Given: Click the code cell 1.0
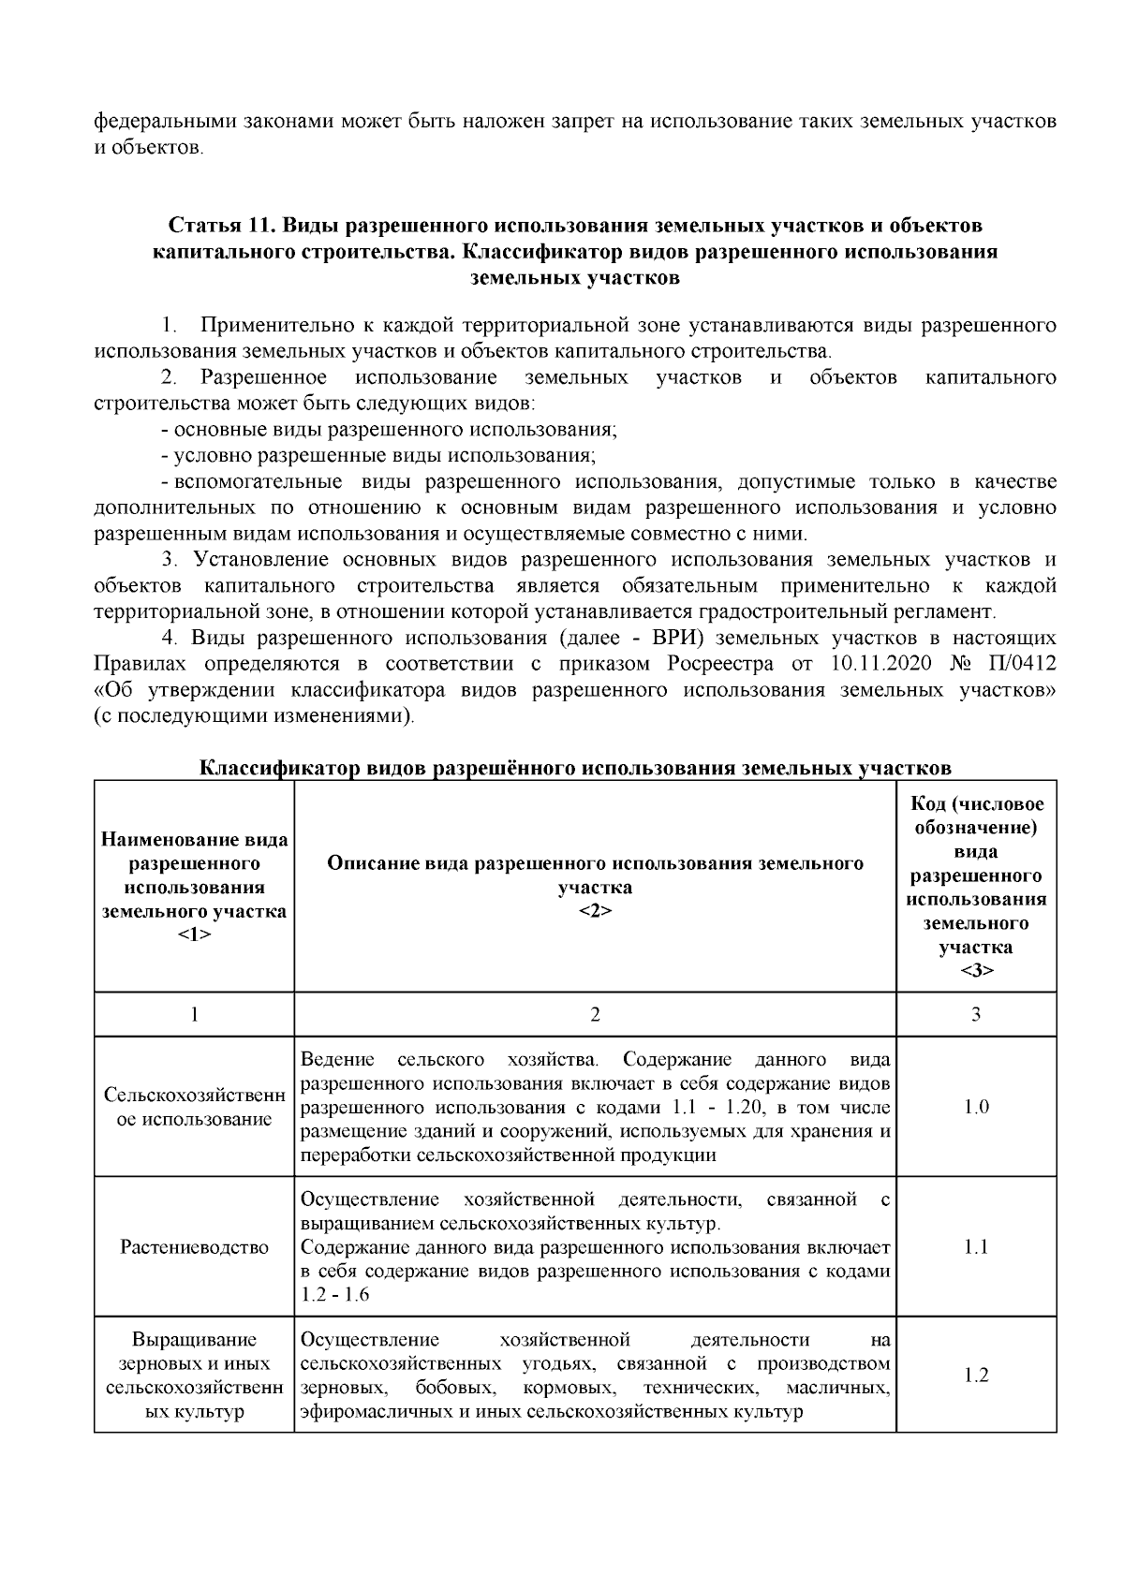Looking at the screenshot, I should (x=976, y=1107).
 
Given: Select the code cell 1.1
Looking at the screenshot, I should (x=976, y=1247).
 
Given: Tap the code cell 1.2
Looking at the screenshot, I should (x=976, y=1376).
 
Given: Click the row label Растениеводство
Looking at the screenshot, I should (x=194, y=1247).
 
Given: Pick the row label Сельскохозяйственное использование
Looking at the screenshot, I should (x=194, y=1107).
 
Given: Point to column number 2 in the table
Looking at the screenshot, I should (x=595, y=1014).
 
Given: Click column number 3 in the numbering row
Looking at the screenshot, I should (x=976, y=1014).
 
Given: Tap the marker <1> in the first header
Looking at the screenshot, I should (x=194, y=935).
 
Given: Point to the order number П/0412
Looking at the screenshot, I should (x=1020, y=665).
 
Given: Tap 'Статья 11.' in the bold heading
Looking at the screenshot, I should (x=223, y=227).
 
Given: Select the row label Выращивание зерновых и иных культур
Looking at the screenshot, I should (x=194, y=1376).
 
